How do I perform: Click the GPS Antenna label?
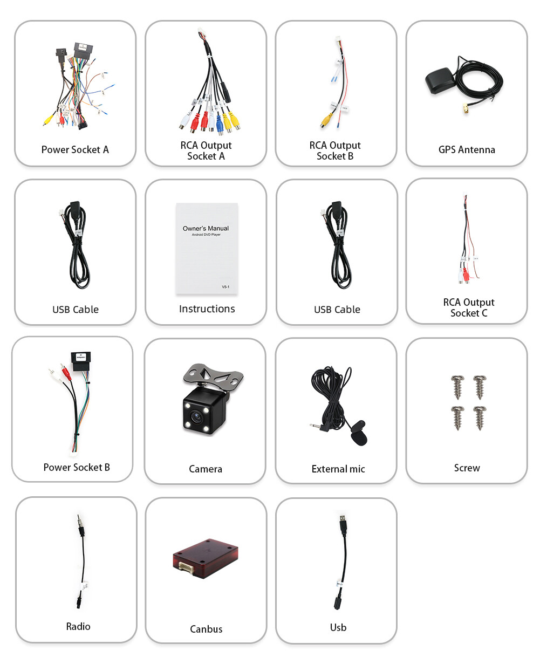click(467, 149)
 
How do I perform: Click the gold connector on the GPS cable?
click(466, 108)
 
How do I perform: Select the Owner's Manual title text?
click(206, 228)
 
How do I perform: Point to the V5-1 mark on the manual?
click(225, 286)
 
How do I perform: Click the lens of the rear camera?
click(196, 416)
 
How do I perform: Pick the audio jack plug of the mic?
click(319, 426)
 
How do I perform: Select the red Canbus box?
click(206, 558)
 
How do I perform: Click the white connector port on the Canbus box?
click(186, 570)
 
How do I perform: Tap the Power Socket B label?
click(77, 467)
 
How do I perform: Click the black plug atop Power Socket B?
click(81, 361)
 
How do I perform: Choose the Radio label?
click(78, 626)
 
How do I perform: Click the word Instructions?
click(207, 309)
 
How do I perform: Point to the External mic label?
click(338, 469)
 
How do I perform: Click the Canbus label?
click(206, 629)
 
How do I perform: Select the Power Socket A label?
click(75, 149)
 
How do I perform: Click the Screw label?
click(467, 468)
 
